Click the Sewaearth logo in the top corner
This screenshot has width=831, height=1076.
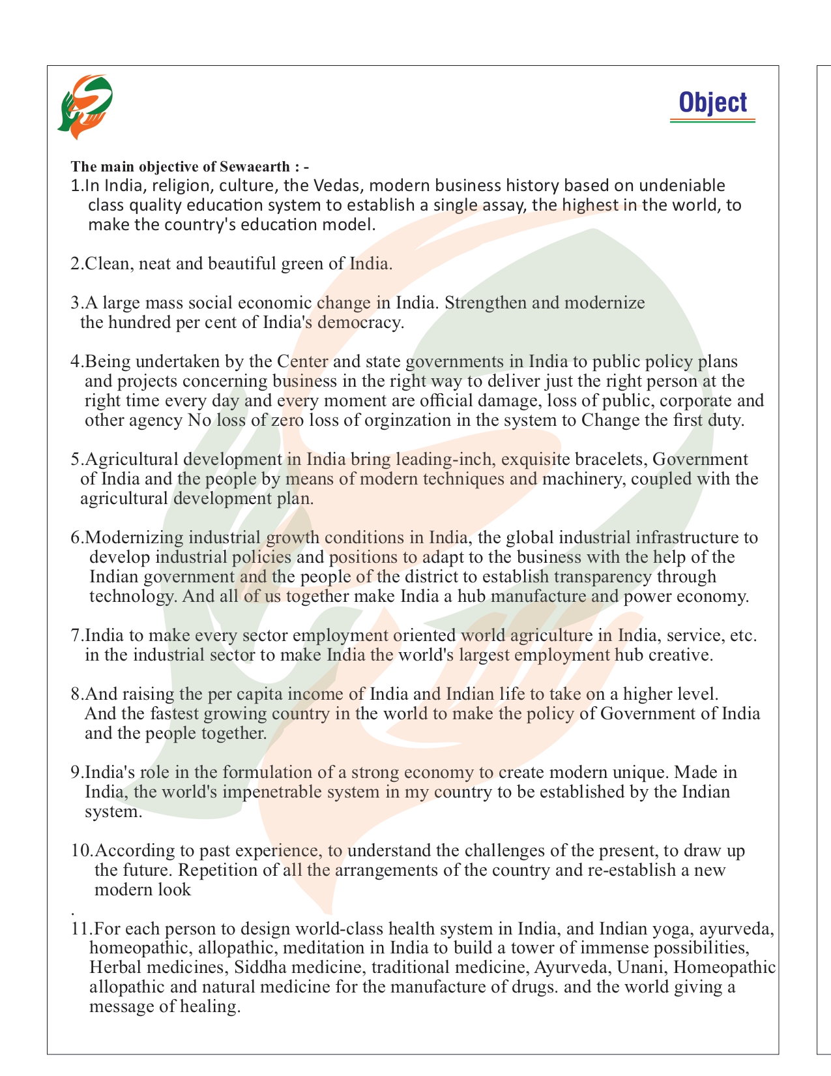coord(85,106)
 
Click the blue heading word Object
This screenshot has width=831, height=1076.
coord(712,103)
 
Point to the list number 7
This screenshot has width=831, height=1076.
coord(76,635)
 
